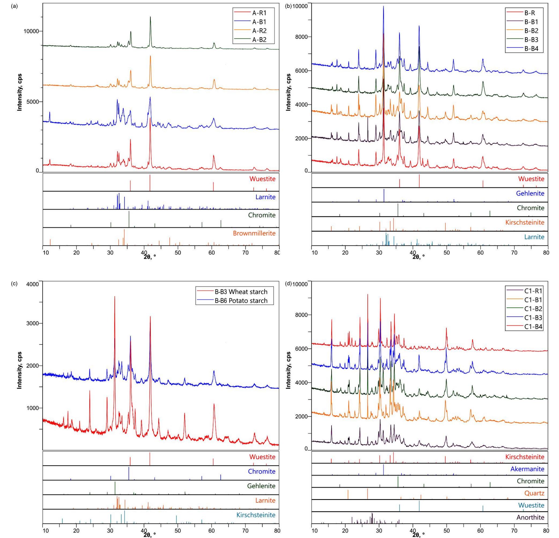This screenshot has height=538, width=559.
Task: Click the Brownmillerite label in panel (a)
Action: click(x=254, y=233)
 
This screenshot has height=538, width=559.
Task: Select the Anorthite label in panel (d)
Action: click(x=531, y=517)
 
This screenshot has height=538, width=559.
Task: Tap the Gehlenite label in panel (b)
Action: click(x=530, y=194)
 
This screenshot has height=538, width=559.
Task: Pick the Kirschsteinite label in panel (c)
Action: click(x=256, y=515)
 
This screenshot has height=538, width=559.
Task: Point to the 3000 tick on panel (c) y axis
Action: click(x=33, y=323)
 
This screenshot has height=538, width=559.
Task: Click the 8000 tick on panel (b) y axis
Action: click(x=301, y=37)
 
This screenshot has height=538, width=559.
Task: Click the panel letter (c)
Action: click(x=14, y=284)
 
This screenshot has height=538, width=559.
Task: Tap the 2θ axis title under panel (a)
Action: click(x=149, y=256)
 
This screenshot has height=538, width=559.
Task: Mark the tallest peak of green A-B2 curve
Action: click(x=150, y=17)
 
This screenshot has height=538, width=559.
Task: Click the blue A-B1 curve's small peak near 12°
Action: click(x=50, y=113)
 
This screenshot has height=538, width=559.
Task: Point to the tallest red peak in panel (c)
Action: click(x=115, y=296)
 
